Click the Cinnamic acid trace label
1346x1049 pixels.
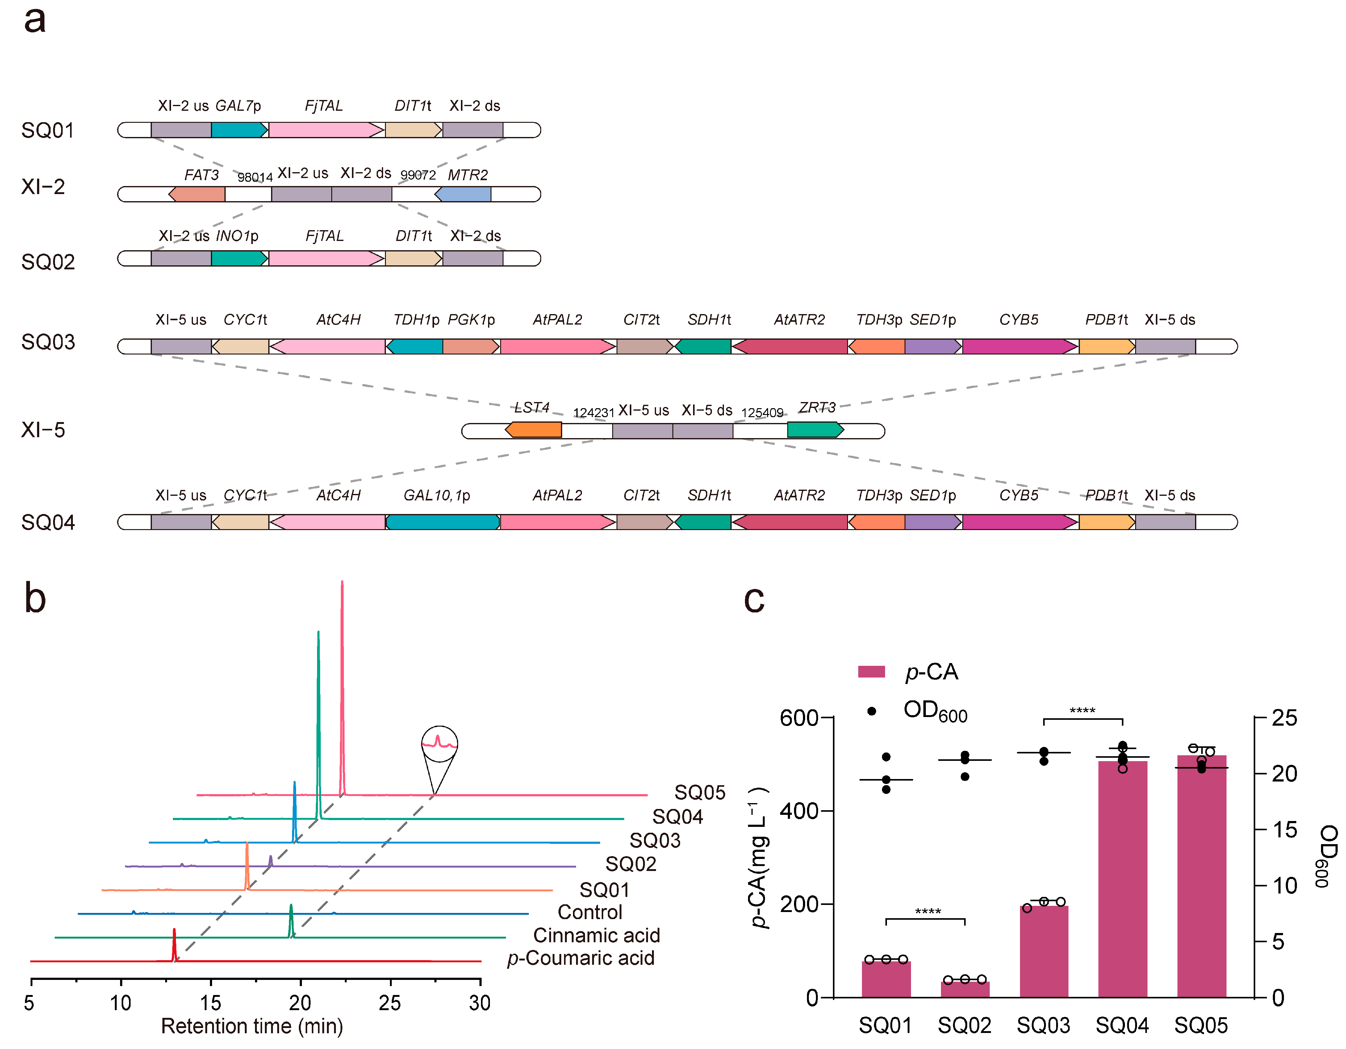[596, 935]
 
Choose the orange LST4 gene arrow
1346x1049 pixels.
[534, 430]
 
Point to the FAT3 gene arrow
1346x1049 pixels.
[197, 194]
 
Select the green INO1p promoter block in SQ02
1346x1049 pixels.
[239, 258]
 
